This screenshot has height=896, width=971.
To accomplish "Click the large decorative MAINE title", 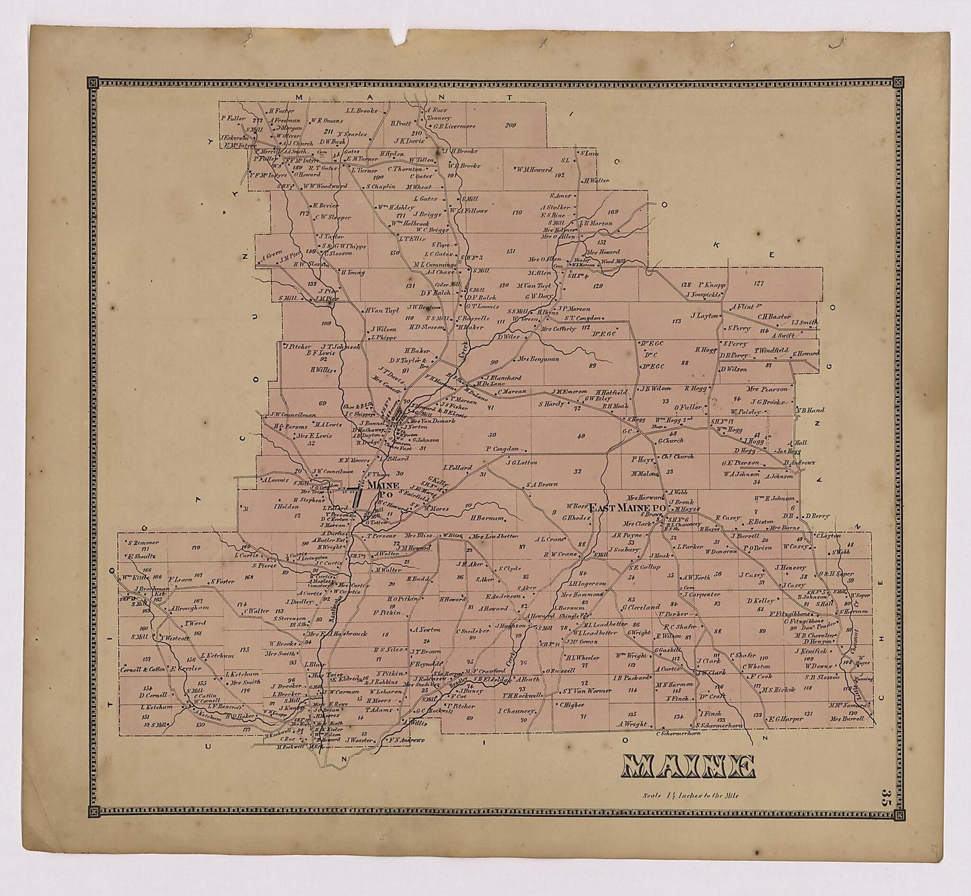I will click(x=688, y=767).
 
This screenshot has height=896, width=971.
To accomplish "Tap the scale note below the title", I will click(x=689, y=796).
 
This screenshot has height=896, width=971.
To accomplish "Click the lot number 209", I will click(x=510, y=125).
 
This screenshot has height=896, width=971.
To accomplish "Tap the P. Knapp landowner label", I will click(x=711, y=285).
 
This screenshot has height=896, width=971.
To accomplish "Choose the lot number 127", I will click(x=759, y=283).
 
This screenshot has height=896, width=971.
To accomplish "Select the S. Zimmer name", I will click(x=143, y=543).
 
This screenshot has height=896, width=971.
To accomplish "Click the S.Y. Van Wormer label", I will click(x=586, y=691).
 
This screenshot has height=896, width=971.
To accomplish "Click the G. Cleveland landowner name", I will click(x=641, y=607).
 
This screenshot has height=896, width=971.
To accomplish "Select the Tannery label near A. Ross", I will click(x=438, y=118).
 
